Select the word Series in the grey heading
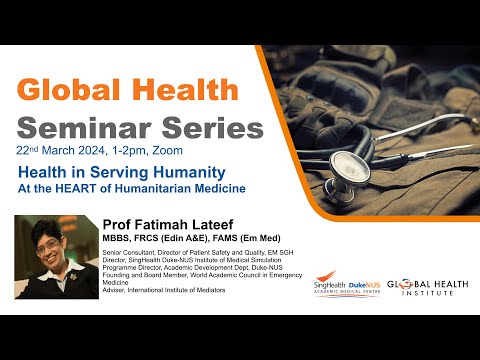[x=214, y=127]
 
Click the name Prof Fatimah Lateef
[x=165, y=223]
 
